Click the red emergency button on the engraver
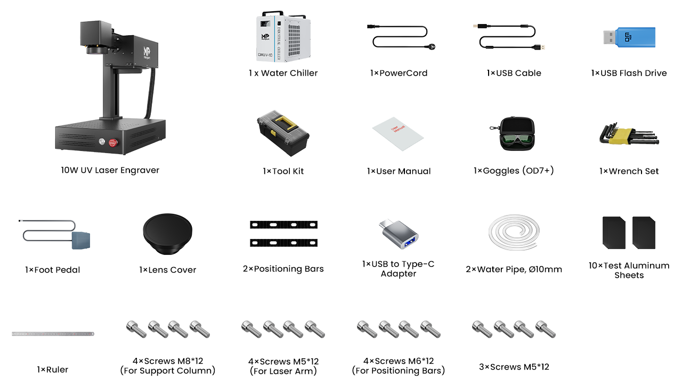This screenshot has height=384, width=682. click(x=113, y=142)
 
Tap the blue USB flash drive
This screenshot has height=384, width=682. click(x=629, y=37)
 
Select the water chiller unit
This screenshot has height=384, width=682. click(x=283, y=36)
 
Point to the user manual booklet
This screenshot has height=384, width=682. click(x=398, y=134)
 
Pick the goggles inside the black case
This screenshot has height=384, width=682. click(x=517, y=140)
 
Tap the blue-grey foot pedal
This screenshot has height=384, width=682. click(x=81, y=240)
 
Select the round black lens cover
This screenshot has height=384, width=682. click(x=167, y=234)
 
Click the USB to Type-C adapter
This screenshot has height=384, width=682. click(x=399, y=234)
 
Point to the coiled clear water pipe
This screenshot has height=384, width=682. click(x=514, y=232)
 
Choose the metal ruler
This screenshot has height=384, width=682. click(x=53, y=334)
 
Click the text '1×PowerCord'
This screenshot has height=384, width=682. click(x=399, y=73)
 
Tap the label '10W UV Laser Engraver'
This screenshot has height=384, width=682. click(x=110, y=170)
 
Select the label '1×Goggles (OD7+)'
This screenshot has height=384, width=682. click(x=514, y=171)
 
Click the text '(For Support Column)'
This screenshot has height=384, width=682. click(x=168, y=371)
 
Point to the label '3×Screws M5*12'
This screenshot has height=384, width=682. click(x=514, y=366)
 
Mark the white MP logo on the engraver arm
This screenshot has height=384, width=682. click(x=147, y=52)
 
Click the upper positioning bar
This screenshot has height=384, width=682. click(x=283, y=225)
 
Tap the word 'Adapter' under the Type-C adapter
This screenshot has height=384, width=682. click(x=398, y=274)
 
